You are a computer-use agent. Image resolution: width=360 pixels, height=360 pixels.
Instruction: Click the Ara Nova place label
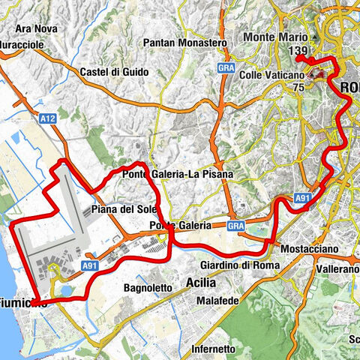tap(31, 30)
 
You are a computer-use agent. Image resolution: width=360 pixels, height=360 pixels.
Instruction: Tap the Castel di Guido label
tap(113, 72)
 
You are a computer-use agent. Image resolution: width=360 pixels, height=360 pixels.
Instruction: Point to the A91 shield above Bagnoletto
tap(91, 265)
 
